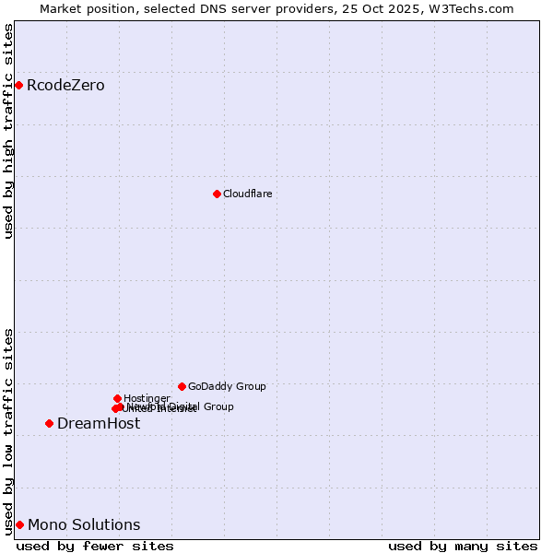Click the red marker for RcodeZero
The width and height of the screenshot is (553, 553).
[x=18, y=85]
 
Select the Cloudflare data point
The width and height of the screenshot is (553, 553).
[x=217, y=194]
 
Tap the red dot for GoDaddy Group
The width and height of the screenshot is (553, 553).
[x=182, y=386]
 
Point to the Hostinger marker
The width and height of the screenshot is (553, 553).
[x=117, y=398]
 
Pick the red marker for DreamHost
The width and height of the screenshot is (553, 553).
[x=49, y=423]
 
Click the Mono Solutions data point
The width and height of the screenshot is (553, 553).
[x=19, y=524]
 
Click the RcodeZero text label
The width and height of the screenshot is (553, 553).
[x=65, y=86]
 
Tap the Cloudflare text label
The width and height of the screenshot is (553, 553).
[x=247, y=194]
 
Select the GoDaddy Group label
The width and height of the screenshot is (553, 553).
[x=227, y=387]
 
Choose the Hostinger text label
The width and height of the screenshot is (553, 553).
[x=147, y=398]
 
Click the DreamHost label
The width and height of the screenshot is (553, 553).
[x=99, y=424]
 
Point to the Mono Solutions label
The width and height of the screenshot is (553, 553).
[x=84, y=525]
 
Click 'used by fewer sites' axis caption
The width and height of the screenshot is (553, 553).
[x=95, y=547]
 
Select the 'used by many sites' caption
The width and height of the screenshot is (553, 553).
[x=463, y=547]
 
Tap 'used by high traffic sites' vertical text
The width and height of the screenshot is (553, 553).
[x=9, y=131]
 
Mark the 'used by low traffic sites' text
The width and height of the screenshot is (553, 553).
[x=9, y=430]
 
